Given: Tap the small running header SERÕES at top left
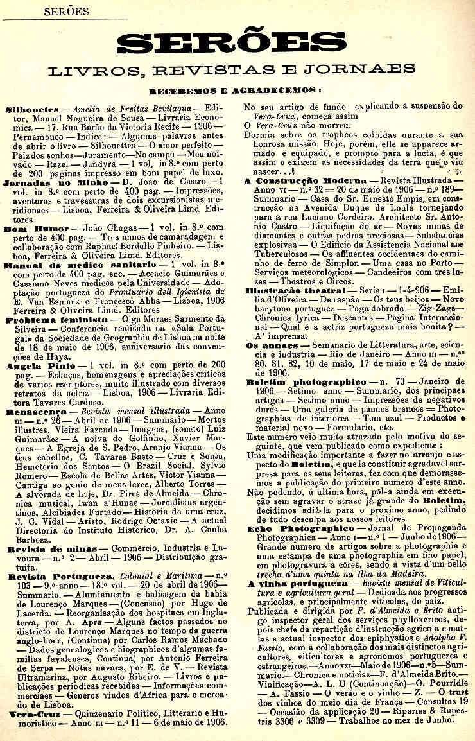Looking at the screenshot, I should point(66,12).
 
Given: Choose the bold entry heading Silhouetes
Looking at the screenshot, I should point(32,109).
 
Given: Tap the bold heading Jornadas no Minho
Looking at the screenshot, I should point(50,182).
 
